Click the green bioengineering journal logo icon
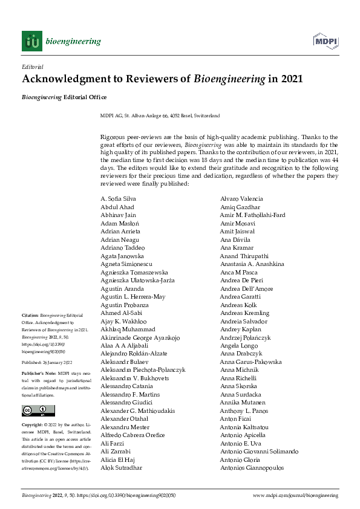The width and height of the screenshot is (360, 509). pyautogui.click(x=32, y=41)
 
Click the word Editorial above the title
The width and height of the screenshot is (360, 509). pyautogui.click(x=33, y=66)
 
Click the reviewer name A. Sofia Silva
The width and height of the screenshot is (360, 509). pyautogui.click(x=118, y=199)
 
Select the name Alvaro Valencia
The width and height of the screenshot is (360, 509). pyautogui.click(x=241, y=199)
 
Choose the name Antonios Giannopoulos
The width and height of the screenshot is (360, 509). pyautogui.click(x=252, y=468)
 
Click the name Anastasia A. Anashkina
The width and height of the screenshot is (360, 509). pyautogui.click(x=252, y=264)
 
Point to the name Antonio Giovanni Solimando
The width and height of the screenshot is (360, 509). pyautogui.click(x=260, y=452)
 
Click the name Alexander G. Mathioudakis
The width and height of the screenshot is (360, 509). pyautogui.click(x=138, y=410)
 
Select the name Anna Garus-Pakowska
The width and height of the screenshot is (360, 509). pyautogui.click(x=251, y=361)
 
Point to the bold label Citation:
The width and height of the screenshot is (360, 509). pyautogui.click(x=30, y=316)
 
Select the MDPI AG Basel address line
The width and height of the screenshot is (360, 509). pyautogui.click(x=160, y=115)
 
